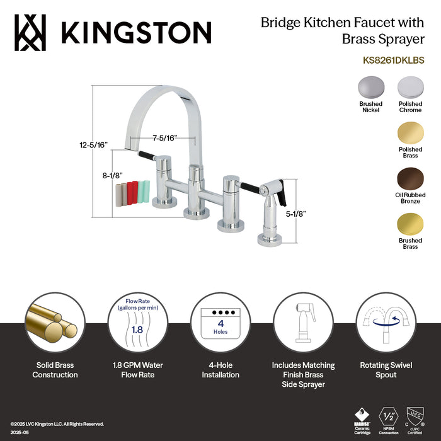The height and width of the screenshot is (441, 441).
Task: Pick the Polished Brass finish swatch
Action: click(410, 133)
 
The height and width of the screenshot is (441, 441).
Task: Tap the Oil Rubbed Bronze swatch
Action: click(410, 178)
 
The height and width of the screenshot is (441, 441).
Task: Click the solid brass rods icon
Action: click(55, 324)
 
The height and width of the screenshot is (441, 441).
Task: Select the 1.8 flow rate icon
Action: click(136, 324)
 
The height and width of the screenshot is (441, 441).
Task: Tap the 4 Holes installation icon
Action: click(220, 324)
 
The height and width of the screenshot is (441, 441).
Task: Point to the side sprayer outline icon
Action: click(304, 324)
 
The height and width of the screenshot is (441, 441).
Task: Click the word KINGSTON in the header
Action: click(135, 32)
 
